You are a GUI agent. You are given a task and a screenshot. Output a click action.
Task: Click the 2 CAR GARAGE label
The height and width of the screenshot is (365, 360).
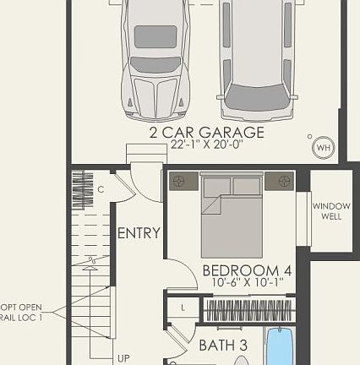pyautogui.click(x=207, y=133)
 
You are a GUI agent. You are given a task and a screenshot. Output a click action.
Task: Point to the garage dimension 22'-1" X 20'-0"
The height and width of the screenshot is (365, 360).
pyautogui.click(x=207, y=145)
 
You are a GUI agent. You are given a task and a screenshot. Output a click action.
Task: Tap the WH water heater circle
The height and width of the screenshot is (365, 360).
pyautogui.click(x=323, y=147)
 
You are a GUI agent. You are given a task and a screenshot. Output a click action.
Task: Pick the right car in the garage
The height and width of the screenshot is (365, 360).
pyautogui.click(x=258, y=59)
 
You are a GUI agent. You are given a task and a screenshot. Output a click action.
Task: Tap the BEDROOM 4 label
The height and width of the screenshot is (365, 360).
pyautogui.click(x=247, y=270)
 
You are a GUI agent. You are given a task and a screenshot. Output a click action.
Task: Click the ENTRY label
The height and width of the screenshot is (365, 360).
pyautogui.click(x=138, y=233)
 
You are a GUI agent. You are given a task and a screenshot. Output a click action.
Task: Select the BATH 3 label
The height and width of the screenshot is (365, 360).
pyautogui.click(x=223, y=345)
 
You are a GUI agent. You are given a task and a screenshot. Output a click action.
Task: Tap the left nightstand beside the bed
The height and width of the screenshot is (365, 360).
pyautogui.click(x=184, y=181)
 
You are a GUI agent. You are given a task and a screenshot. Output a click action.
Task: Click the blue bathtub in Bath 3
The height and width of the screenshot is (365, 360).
pyautogui.click(x=279, y=348)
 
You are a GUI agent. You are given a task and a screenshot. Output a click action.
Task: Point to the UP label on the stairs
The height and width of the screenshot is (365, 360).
pyautogui.click(x=123, y=358)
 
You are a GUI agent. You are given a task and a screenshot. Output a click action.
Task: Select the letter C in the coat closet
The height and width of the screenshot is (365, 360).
pyautogui.click(x=101, y=190)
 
